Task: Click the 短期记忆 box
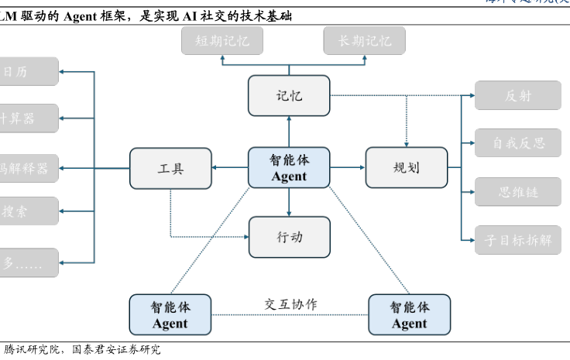pos(222,41)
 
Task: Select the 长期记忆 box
pos(365,41)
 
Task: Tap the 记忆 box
pos(289,96)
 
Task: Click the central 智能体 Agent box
pos(289,167)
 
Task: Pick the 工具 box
pos(170,168)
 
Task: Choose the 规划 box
pos(406,167)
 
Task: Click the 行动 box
pos(289,237)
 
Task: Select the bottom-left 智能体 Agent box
pos(170,314)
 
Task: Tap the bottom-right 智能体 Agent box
pos(409,314)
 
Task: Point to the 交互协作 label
pos(290,304)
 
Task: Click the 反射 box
pos(517,95)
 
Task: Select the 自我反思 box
pos(517,142)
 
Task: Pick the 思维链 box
pos(517,191)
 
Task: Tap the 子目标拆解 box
pos(517,239)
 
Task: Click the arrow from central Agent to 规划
pos(348,167)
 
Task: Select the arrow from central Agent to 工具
pos(229,168)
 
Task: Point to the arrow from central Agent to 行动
pos(289,202)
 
